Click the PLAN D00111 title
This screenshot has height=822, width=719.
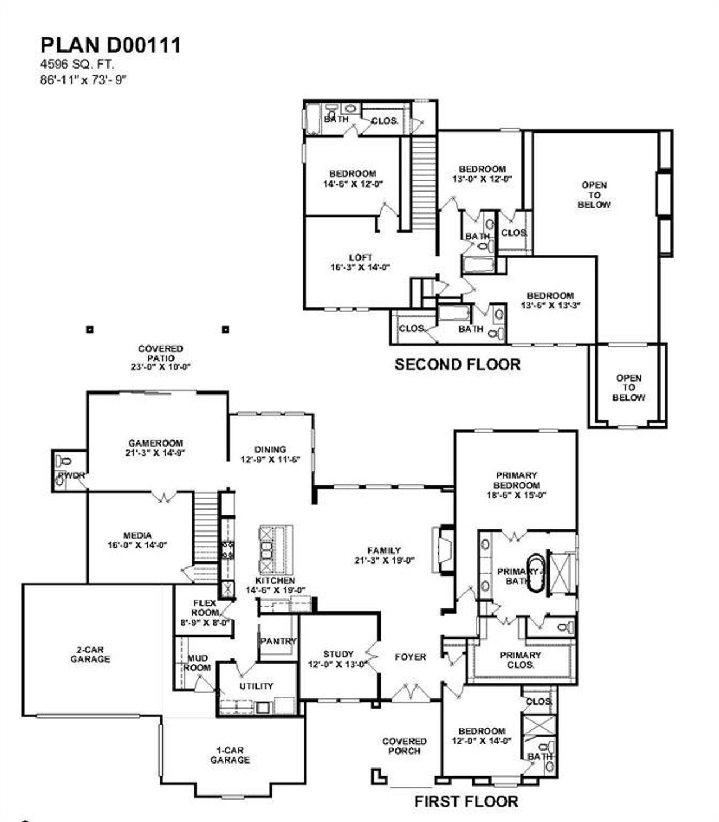(x=111, y=45)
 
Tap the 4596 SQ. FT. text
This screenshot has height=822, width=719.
(x=77, y=65)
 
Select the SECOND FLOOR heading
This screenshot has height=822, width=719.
(x=457, y=364)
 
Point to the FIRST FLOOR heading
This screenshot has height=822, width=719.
(x=466, y=801)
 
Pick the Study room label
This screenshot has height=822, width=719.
(x=338, y=654)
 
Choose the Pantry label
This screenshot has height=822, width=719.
(x=277, y=641)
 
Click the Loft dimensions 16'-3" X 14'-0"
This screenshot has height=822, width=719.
(x=360, y=267)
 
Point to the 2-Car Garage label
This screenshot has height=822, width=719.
(x=90, y=655)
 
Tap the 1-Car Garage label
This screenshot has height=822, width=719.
(x=230, y=755)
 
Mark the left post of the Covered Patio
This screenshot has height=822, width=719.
(x=89, y=329)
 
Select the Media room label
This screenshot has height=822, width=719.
(x=137, y=535)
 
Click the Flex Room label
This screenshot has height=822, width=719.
(x=204, y=607)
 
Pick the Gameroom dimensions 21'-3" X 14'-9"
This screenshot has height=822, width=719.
(x=156, y=452)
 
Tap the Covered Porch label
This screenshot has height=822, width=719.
(x=404, y=746)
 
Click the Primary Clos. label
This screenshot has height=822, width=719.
(x=520, y=660)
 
